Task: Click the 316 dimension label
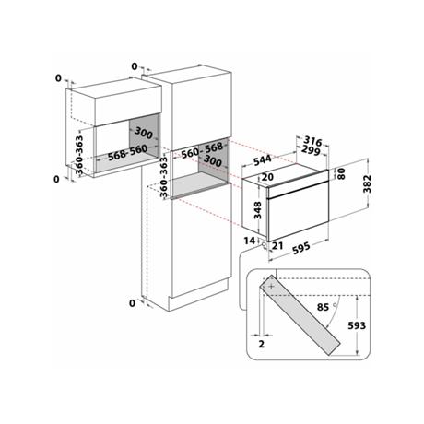[x=313, y=141]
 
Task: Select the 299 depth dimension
[x=311, y=150]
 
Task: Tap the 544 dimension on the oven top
[x=263, y=159]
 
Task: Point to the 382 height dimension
[x=367, y=183]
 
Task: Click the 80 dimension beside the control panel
[x=342, y=173]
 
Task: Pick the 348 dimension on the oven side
[x=257, y=210]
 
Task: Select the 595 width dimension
[x=301, y=248]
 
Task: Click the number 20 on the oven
[x=267, y=177]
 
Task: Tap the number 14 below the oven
[x=250, y=241]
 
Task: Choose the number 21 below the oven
[x=277, y=245]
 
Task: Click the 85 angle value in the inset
[x=323, y=307]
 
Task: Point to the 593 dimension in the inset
[x=357, y=325]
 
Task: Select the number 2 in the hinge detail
[x=261, y=344]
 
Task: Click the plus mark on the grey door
[x=271, y=287]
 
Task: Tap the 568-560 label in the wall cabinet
[x=127, y=152]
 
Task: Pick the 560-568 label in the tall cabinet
[x=202, y=150]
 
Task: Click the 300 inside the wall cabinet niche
[x=144, y=133]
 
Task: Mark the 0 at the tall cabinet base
[x=132, y=303]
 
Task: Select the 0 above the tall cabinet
[x=135, y=66]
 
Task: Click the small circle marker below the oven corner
[x=264, y=244]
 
